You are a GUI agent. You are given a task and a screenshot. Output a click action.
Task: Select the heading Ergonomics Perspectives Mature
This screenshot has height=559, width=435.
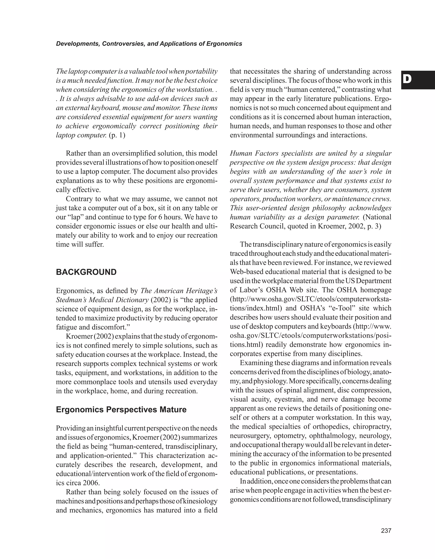[x=121, y=410]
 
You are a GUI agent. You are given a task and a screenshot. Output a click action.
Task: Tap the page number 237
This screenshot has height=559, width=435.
[x=386, y=531]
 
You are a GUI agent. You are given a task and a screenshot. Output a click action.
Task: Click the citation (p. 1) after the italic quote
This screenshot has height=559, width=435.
[x=117, y=135]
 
